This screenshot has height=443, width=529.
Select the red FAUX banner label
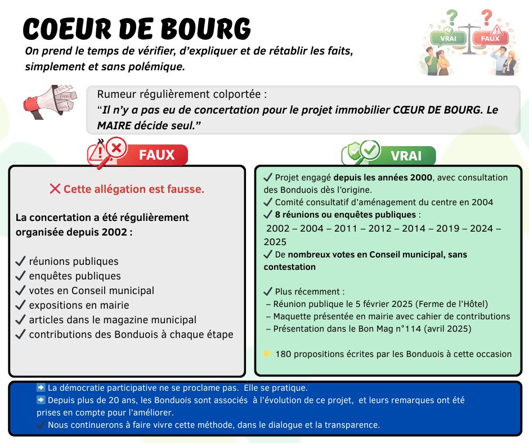pyautogui.click(x=156, y=155)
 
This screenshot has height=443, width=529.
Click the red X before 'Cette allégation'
pyautogui.click(x=55, y=189)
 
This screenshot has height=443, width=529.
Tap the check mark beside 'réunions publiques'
pyautogui.click(x=20, y=261)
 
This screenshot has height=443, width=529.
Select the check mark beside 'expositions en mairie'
pyautogui.click(x=20, y=305)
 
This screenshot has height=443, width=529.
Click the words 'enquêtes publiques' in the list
pyautogui.click(x=75, y=276)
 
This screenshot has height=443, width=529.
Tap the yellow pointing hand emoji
pyautogui.click(x=268, y=354)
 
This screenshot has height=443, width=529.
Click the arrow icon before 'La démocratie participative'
pyautogui.click(x=41, y=388)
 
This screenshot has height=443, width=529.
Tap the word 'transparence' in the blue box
pyautogui.click(x=352, y=425)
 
